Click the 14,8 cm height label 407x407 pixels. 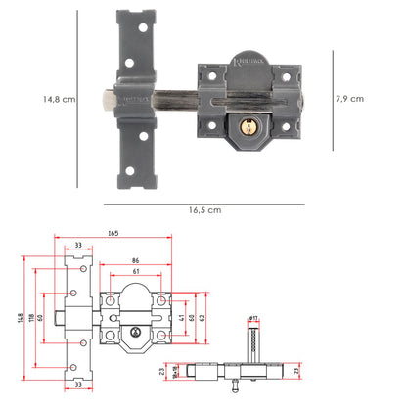pyautogui.click(x=59, y=98)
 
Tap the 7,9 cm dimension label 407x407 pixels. pyautogui.click(x=349, y=98)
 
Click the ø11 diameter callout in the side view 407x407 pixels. pyautogui.click(x=252, y=318)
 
